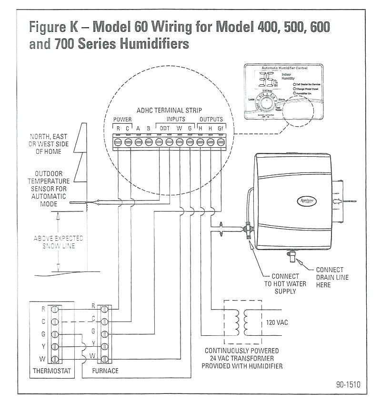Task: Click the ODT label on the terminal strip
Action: click(164, 128)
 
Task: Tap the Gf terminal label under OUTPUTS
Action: click(221, 128)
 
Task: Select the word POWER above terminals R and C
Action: click(122, 119)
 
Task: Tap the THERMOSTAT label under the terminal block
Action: click(52, 370)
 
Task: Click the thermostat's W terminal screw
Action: click(55, 358)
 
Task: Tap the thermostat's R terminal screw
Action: click(55, 309)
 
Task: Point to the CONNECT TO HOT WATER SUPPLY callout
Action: click(285, 283)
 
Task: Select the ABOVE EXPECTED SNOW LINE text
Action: click(58, 242)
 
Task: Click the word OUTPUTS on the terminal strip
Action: click(211, 119)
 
